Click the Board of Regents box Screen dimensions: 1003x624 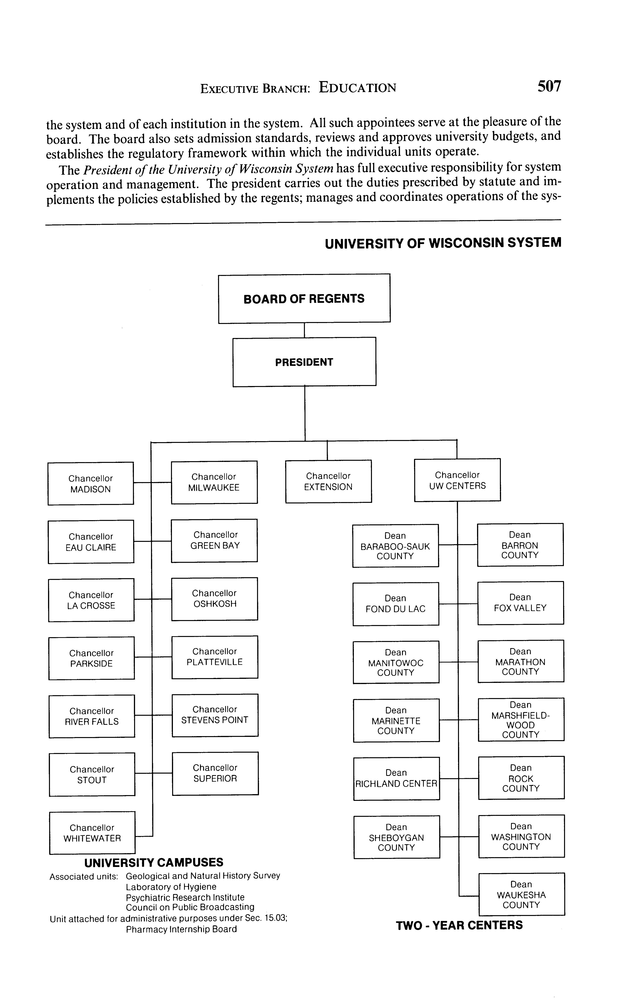304,298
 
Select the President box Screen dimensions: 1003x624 304,362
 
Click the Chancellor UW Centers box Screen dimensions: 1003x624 457,480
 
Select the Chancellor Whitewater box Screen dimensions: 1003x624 92,833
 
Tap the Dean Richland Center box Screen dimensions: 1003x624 396,778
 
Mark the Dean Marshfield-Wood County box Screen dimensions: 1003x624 521,719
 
